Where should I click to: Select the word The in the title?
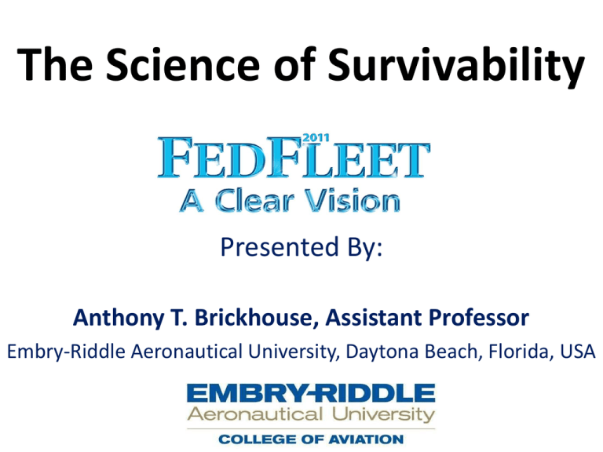55,64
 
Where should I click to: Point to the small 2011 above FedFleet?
316,137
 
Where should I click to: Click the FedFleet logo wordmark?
294,158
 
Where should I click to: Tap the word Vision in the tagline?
353,201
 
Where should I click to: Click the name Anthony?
119,319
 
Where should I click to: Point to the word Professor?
479,318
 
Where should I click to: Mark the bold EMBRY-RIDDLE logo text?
311,393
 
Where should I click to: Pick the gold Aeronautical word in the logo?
255,414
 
